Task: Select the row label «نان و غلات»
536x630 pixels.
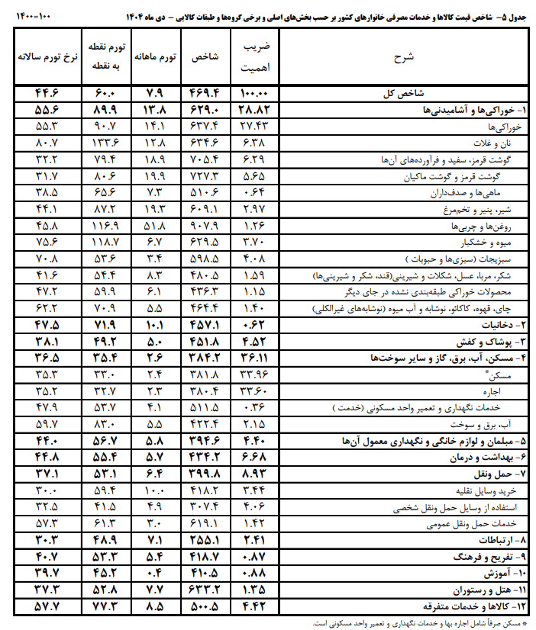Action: tap(506, 143)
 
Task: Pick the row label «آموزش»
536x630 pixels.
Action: tap(506, 573)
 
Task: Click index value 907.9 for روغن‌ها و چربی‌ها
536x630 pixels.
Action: tap(206, 226)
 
